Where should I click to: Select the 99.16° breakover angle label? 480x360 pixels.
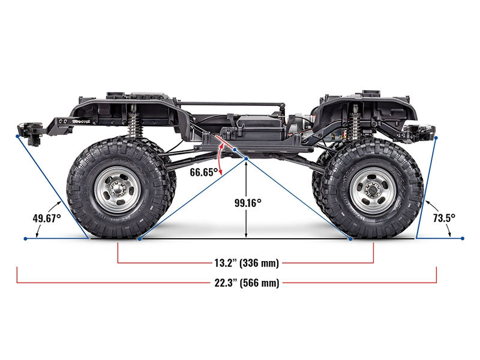[247, 203]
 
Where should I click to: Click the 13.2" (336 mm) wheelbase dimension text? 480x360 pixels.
[245, 263]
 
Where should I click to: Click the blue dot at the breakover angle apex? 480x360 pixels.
[247, 158]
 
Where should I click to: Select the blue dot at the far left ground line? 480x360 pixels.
[25, 238]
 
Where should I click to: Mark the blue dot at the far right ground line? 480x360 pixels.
[462, 238]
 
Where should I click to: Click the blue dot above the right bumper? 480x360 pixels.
[436, 137]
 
